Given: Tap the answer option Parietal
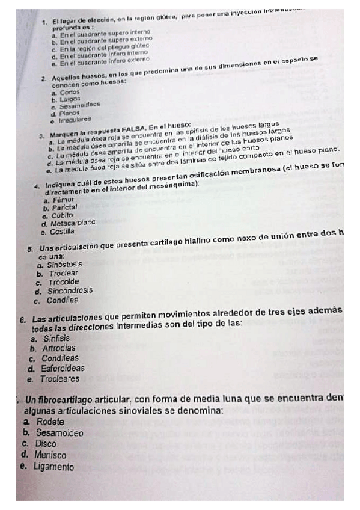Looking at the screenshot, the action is (x=66, y=207).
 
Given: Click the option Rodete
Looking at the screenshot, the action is (x=50, y=421).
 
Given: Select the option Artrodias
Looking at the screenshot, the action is (x=59, y=348).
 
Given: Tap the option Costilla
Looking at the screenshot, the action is (x=62, y=231).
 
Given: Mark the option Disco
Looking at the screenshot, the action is (x=46, y=443).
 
